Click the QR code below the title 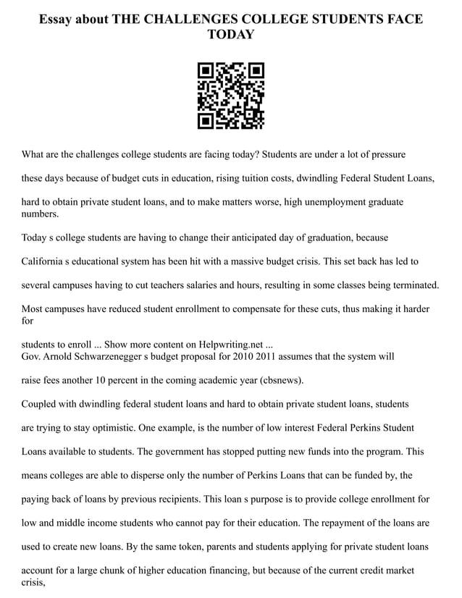231,96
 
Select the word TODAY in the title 231,35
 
